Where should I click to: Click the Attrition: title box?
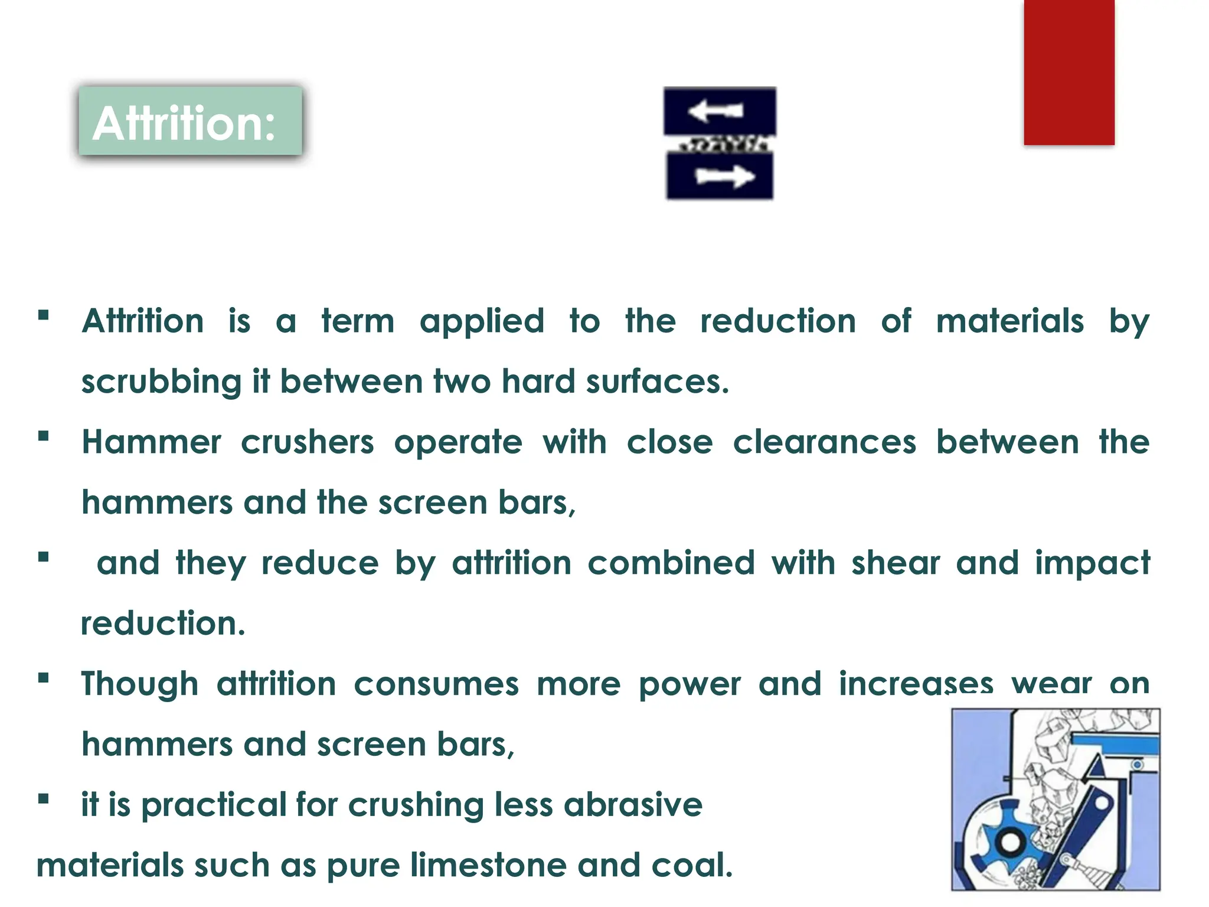(190, 122)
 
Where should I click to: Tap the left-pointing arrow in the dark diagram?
(715, 111)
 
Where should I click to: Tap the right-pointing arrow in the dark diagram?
(724, 176)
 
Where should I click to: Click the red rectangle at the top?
(1069, 72)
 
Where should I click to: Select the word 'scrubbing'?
(161, 382)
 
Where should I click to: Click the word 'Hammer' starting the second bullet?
(151, 442)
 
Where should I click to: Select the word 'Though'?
(139, 684)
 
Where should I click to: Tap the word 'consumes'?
(436, 684)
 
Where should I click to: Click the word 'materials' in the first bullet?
(1009, 322)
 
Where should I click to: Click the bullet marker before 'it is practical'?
(43, 800)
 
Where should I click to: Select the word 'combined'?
(671, 563)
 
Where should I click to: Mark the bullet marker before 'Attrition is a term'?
(43, 315)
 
